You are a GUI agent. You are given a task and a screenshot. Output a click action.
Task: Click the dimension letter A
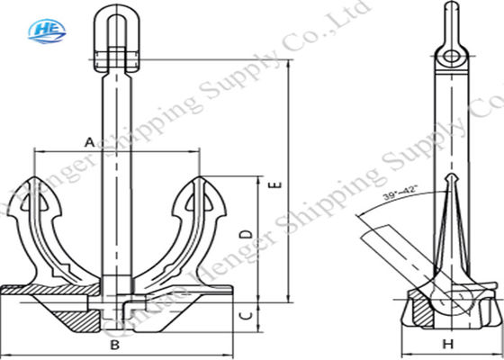(89, 141)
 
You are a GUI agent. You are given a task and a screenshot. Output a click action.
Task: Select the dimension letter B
(114, 345)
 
